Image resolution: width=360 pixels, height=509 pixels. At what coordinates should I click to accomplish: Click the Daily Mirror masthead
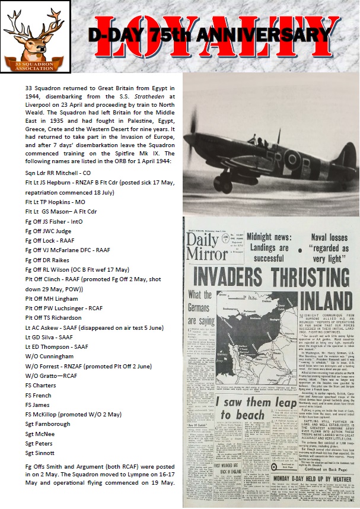pos(208,243)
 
